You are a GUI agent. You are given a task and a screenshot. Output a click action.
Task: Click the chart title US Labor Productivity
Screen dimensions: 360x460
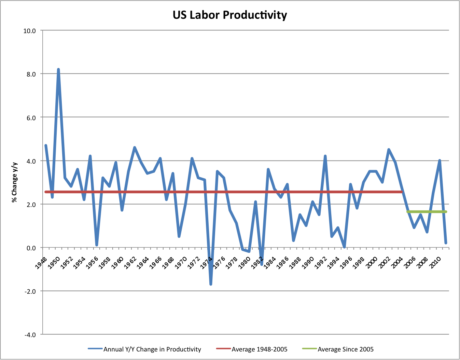coord(229,15)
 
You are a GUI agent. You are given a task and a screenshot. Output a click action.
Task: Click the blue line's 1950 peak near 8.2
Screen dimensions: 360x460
coord(58,70)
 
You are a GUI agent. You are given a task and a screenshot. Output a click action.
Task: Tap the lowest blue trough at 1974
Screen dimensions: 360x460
coord(211,284)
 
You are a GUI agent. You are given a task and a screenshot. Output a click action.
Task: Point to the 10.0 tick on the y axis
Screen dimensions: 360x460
coord(30,31)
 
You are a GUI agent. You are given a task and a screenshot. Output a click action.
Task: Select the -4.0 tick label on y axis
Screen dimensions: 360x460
coord(30,335)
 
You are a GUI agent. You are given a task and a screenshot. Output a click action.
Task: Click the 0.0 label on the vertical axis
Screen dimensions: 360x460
coord(31,248)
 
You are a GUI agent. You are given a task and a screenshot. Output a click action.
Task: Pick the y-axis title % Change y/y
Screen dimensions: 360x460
coord(14,182)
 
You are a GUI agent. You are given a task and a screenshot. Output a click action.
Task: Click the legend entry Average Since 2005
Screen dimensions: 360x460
coord(345,349)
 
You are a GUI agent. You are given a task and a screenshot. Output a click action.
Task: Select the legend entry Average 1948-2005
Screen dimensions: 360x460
coord(259,349)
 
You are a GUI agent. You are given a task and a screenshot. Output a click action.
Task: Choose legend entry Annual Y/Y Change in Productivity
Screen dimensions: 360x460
coord(152,349)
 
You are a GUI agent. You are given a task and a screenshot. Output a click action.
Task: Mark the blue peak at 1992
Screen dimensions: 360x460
coord(325,156)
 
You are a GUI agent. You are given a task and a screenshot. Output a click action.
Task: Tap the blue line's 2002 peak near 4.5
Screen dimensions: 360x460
coord(389,150)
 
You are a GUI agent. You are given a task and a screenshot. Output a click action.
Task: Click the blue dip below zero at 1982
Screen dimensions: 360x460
coord(262,264)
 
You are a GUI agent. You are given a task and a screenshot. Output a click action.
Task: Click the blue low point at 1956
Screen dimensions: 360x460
coord(97,245)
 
